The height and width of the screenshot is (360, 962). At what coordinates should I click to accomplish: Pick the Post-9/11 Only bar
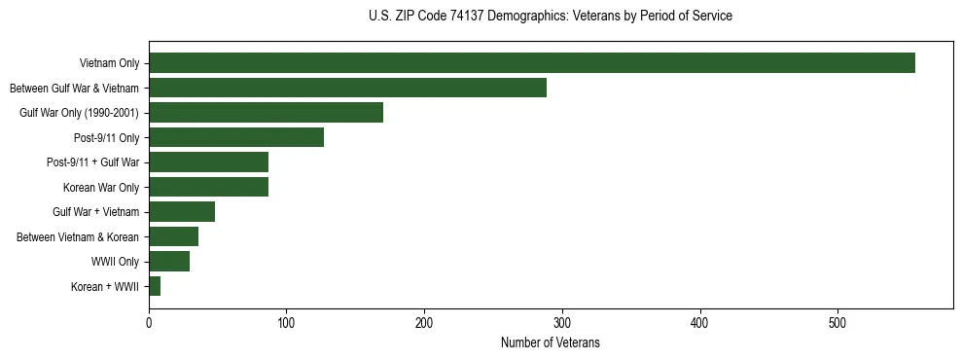[236, 137]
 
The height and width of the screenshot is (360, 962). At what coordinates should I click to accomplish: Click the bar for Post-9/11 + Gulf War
[208, 162]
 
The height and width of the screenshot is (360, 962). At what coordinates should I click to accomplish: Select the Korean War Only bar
[208, 187]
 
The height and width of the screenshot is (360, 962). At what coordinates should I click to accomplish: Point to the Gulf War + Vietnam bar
[182, 212]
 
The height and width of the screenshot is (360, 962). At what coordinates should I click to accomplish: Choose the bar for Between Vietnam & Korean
[173, 236]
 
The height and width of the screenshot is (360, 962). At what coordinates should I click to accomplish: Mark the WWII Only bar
[169, 262]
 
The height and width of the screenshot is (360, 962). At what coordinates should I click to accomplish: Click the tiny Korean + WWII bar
[155, 286]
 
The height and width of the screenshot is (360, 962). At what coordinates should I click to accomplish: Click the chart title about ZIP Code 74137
[551, 17]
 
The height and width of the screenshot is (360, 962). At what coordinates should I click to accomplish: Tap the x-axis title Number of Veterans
[551, 343]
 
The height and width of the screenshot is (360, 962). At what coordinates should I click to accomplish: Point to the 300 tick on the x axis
[562, 323]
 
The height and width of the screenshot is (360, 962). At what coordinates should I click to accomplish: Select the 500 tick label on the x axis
[837, 323]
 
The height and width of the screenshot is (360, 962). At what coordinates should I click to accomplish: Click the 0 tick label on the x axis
[149, 323]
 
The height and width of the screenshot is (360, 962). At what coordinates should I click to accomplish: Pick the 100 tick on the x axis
[286, 323]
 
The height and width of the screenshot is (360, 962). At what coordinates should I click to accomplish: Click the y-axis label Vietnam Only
[109, 63]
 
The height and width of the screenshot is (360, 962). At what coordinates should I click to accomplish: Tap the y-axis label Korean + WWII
[105, 287]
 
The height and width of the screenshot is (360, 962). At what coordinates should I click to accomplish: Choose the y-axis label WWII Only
[115, 262]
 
